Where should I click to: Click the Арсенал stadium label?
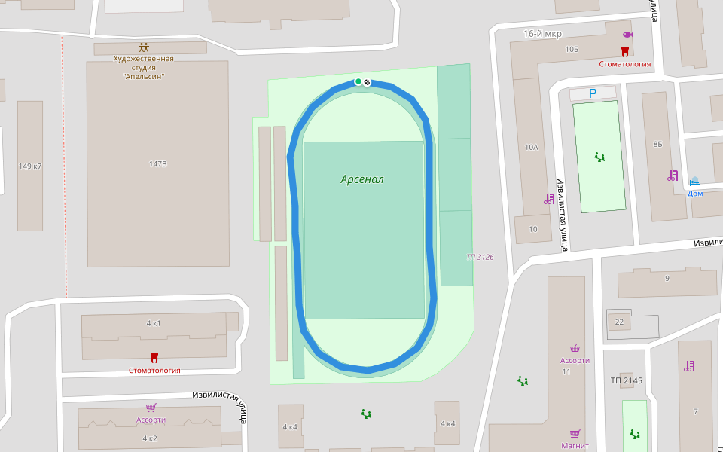pos(362,179)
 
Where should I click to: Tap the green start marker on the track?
pos(358,81)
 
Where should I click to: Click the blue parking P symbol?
pos(592,93)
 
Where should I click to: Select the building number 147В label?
pos(157,163)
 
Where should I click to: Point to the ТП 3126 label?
pos(480,257)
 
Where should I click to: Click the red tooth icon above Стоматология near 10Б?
pos(624,51)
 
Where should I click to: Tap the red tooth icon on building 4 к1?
pos(154,357)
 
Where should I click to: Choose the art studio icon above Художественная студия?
pos(143,47)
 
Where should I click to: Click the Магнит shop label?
pos(574,445)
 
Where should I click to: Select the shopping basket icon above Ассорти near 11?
pos(575,348)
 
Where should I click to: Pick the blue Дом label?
pos(695,193)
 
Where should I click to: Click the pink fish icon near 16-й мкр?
pos(627,35)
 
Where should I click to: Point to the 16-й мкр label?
pos(542,34)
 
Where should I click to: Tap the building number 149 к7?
pos(30,166)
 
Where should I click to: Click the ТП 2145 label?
pos(627,380)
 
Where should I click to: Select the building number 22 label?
pos(619,322)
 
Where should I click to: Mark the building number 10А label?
pos(532,147)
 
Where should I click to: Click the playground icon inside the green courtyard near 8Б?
pos(599,157)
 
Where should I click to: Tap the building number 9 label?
pos(667,279)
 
